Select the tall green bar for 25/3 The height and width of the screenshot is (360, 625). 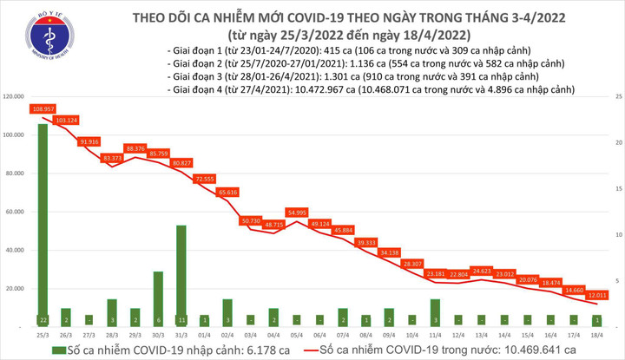[42, 226]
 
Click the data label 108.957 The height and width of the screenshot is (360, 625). [42, 109]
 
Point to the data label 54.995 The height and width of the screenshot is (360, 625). [297, 213]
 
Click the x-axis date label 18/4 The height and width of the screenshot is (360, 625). [596, 333]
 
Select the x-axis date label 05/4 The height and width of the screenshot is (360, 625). [296, 333]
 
